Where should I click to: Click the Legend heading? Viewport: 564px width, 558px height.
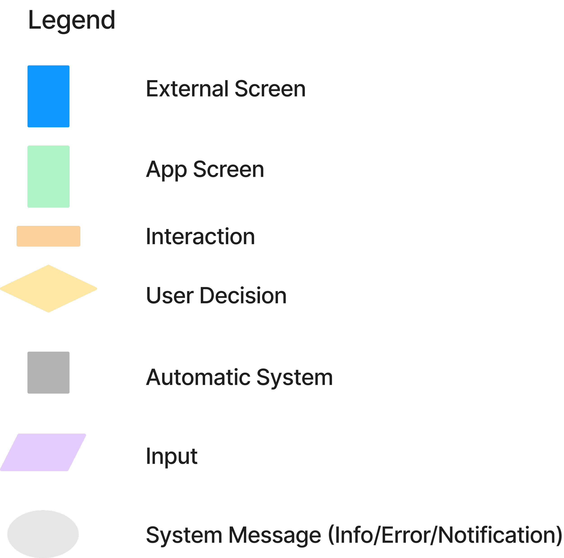pos(72,20)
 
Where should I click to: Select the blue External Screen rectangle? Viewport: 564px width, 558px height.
pos(49,96)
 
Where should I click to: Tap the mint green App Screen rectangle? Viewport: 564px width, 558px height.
pos(49,177)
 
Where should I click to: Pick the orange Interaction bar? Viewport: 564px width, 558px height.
pos(49,236)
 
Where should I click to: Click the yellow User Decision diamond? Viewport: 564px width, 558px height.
pos(49,289)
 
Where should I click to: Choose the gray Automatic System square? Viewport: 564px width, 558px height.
pos(49,373)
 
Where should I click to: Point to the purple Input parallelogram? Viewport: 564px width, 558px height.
pos(43,453)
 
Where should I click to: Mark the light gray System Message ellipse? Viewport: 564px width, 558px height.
pos(43,534)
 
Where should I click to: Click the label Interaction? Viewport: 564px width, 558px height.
pos(200,237)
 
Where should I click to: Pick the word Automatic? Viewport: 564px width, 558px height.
pos(198,377)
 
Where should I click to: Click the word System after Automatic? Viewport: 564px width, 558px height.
pos(295,377)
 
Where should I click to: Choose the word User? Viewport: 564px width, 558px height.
pos(170,296)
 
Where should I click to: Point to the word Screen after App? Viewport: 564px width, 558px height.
pos(228,170)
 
